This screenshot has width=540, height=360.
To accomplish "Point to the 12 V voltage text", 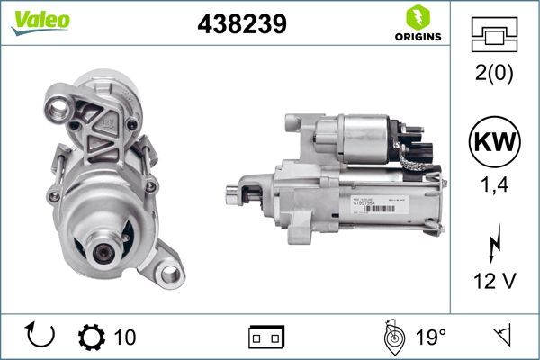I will pos(494,283).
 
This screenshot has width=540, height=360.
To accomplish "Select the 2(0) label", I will pos(494,74).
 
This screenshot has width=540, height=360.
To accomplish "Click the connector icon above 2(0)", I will pos(494,34).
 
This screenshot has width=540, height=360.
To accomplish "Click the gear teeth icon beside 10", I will pos(91,337).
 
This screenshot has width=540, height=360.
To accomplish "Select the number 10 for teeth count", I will pos(125,337).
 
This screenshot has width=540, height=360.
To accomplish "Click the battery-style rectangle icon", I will pos(266,337).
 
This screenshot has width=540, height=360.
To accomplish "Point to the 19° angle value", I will pos(429,337).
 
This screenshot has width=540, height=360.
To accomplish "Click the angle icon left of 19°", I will pos(391,337).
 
